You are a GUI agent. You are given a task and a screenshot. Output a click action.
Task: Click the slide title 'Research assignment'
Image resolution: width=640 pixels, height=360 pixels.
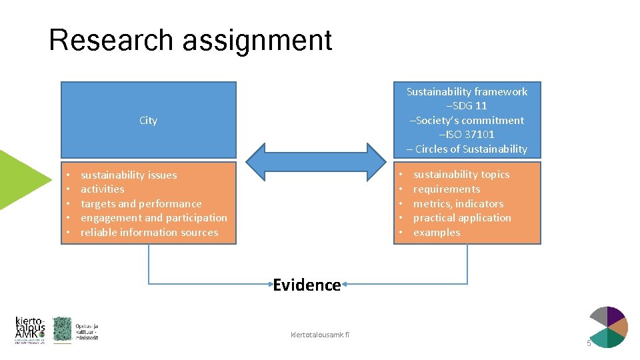point(191,40)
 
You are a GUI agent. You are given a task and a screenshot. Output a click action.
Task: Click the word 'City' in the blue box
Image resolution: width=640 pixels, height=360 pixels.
point(148,121)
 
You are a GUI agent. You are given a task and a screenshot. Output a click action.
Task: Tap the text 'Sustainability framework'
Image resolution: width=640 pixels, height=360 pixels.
point(467,92)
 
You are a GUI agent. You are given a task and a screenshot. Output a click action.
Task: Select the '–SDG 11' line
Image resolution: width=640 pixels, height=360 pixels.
point(467,106)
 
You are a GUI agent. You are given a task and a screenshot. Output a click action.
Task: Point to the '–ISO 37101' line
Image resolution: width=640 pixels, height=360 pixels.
point(467,135)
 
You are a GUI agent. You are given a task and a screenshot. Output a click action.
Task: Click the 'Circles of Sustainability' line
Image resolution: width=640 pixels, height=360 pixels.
point(467,149)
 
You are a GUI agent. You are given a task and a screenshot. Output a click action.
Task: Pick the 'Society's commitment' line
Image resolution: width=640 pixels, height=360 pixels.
point(467,121)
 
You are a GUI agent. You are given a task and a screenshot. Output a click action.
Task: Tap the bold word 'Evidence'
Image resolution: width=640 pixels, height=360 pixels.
point(307,285)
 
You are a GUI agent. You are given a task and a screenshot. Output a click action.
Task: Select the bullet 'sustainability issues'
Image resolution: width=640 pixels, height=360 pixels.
point(129,175)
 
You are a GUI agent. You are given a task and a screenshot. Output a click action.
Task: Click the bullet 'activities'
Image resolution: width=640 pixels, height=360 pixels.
point(102,189)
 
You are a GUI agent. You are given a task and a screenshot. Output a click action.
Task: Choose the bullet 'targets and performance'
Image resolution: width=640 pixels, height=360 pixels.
point(141,204)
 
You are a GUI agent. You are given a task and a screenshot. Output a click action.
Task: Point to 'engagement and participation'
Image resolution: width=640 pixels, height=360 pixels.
point(153,218)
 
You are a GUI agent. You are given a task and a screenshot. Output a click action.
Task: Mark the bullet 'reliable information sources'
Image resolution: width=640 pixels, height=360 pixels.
point(149,233)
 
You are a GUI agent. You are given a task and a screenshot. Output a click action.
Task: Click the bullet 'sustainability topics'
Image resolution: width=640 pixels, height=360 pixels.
point(461,175)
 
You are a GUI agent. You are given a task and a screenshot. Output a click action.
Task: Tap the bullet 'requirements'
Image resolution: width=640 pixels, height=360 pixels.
point(447,189)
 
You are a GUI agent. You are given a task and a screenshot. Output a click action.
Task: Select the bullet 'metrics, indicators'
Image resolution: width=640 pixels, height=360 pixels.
point(459,204)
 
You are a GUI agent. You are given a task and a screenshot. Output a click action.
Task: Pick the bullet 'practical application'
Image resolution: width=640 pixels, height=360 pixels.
point(462,218)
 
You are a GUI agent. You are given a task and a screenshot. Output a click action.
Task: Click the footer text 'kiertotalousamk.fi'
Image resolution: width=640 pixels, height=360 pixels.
point(320,333)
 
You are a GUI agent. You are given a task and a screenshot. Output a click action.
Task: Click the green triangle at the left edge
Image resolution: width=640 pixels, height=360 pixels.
point(20,179)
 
